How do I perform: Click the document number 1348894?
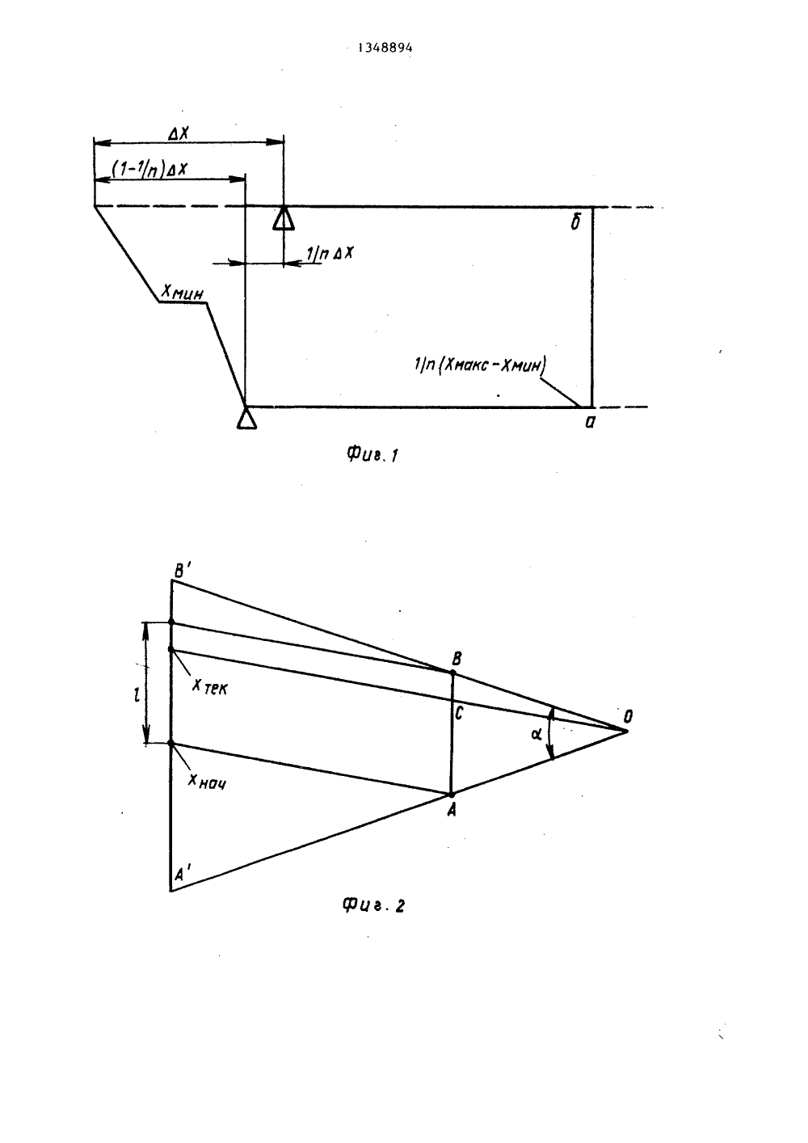pyautogui.click(x=385, y=48)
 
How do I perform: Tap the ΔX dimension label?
pyautogui.click(x=179, y=133)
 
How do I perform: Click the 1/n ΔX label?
pyautogui.click(x=329, y=253)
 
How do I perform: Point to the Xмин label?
pyautogui.click(x=182, y=293)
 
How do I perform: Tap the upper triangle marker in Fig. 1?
pyautogui.click(x=283, y=218)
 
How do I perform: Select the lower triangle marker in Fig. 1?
pyautogui.click(x=246, y=417)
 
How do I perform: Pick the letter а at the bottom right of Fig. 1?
pyautogui.click(x=590, y=423)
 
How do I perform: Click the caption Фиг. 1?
pyautogui.click(x=372, y=454)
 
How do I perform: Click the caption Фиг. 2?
pyautogui.click(x=372, y=905)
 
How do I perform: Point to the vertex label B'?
pyautogui.click(x=182, y=571)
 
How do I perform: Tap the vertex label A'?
pyautogui.click(x=182, y=875)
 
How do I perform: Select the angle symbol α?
pyautogui.click(x=537, y=734)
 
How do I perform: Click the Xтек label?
pyautogui.click(x=210, y=687)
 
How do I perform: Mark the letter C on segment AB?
pyautogui.click(x=458, y=713)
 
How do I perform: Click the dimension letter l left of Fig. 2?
pyautogui.click(x=137, y=695)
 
